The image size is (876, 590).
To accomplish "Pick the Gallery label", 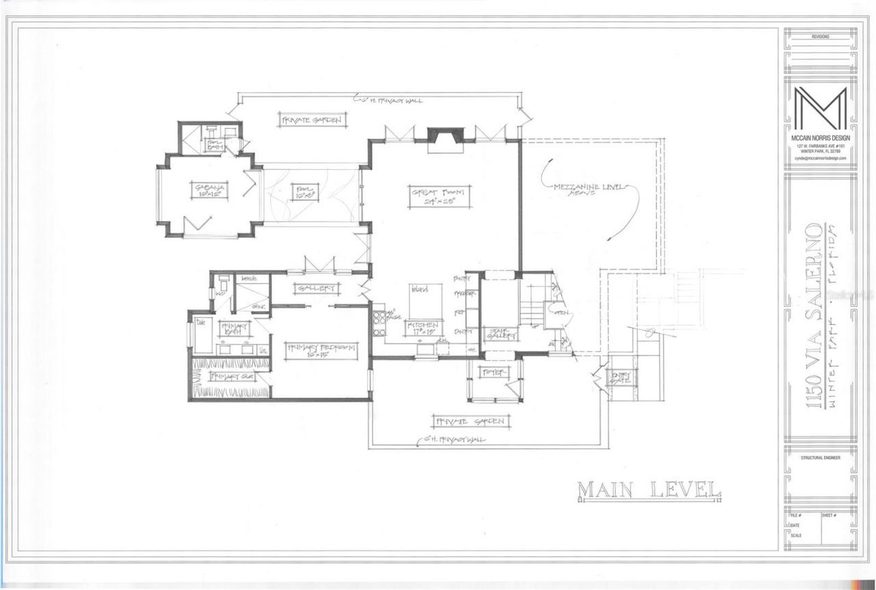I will pyautogui.click(x=315, y=288).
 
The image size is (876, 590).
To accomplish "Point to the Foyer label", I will pyautogui.click(x=493, y=372).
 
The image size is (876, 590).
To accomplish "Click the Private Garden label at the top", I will pyautogui.click(x=310, y=120).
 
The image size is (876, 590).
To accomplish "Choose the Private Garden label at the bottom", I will pyautogui.click(x=471, y=421).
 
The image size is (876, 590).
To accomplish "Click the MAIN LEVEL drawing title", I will pyautogui.click(x=649, y=490).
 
